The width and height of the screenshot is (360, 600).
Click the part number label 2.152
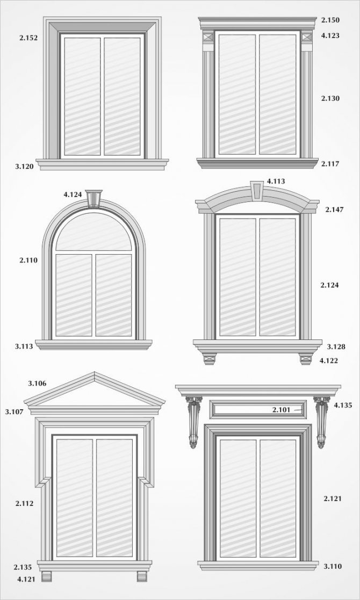[28, 38]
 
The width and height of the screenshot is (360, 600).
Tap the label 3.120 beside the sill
[25, 167]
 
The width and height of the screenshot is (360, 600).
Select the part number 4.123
[330, 35]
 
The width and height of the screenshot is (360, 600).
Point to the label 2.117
[330, 164]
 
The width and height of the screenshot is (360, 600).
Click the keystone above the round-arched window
[93, 198]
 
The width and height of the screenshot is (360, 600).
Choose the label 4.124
[73, 194]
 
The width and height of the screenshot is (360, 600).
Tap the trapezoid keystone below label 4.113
[257, 190]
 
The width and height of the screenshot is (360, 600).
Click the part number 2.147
[334, 209]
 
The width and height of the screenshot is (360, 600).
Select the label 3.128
[336, 346]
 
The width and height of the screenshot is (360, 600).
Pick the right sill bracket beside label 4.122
[306, 358]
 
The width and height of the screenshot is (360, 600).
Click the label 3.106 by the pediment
[37, 383]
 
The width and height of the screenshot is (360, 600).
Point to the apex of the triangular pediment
[95, 372]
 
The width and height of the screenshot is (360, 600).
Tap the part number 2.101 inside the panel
[282, 410]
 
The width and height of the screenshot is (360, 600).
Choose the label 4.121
[26, 580]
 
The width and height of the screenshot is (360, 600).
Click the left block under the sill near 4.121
[46, 576]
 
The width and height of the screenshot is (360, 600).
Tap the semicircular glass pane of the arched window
[93, 232]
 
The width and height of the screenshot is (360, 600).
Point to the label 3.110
[333, 566]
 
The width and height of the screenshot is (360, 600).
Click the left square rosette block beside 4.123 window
[208, 38]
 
